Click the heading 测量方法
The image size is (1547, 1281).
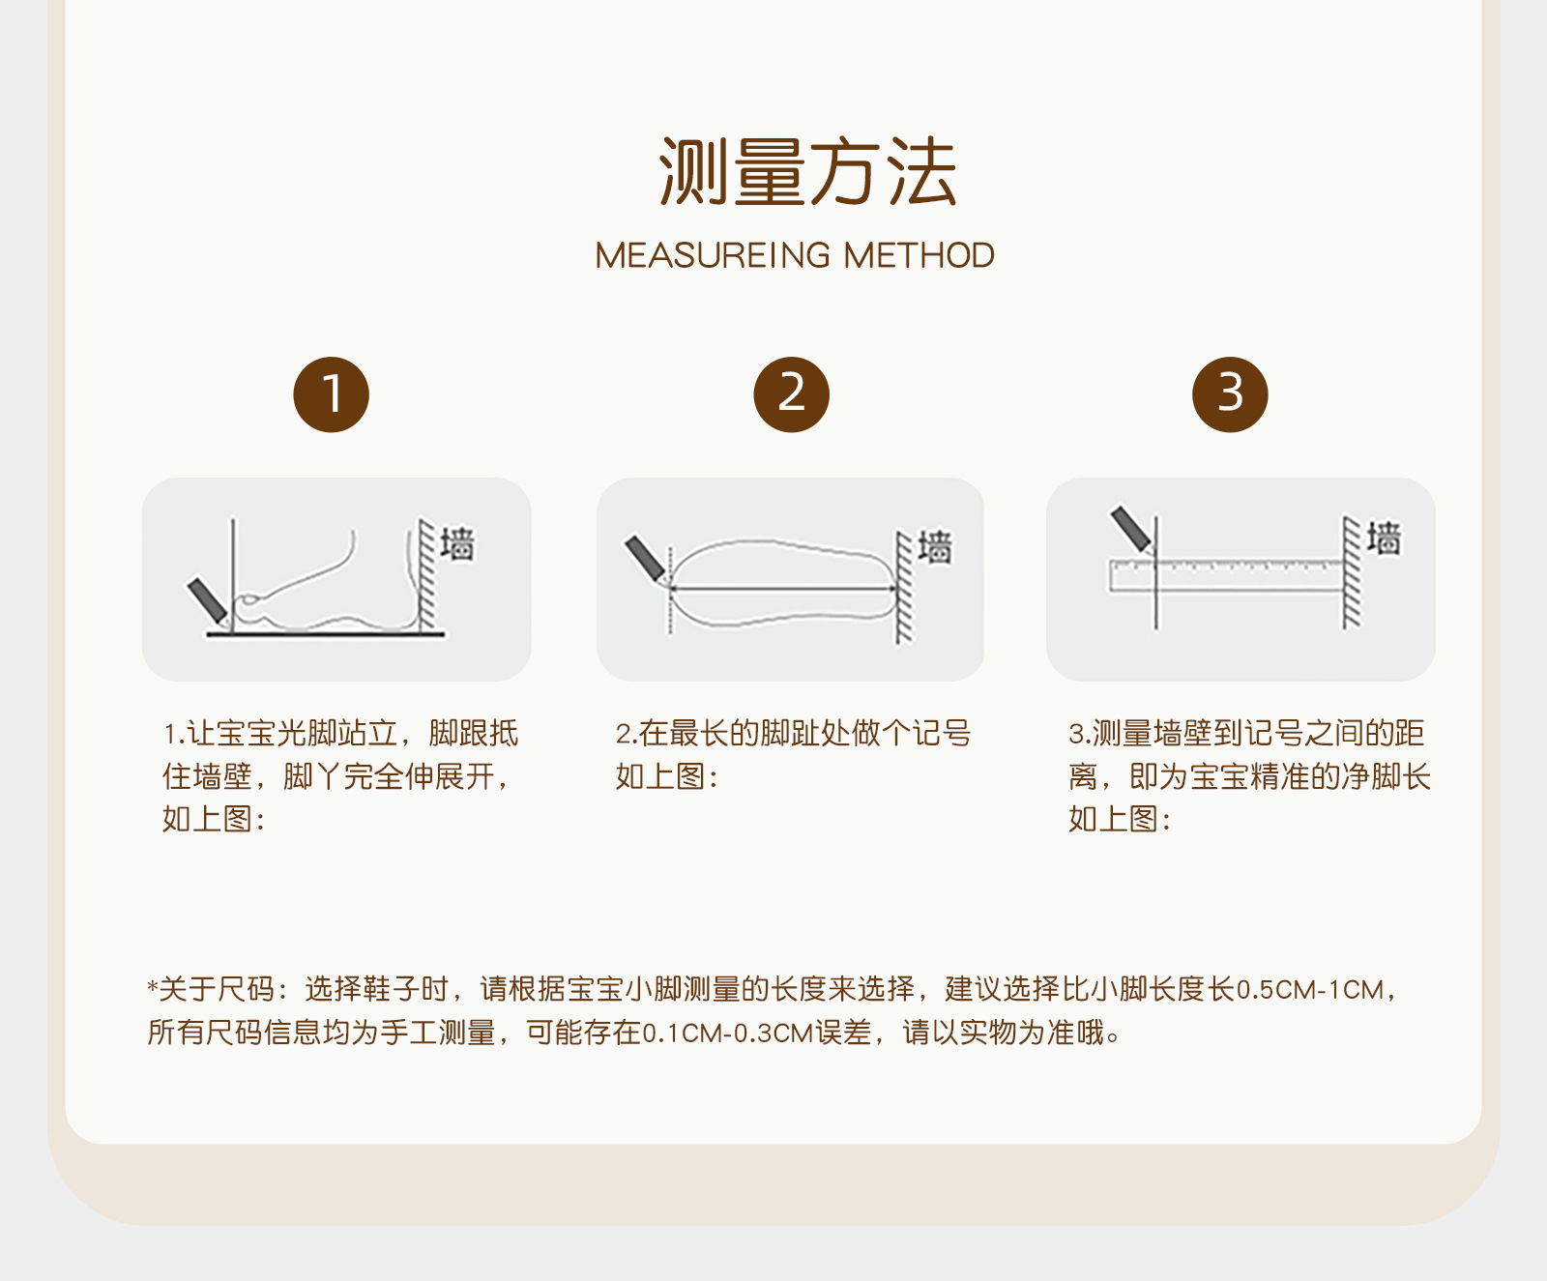click(x=807, y=172)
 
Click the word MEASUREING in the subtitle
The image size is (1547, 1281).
click(x=713, y=255)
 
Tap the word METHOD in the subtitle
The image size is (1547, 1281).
click(x=919, y=255)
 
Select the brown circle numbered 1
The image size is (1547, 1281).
click(x=332, y=394)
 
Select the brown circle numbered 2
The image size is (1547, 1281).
click(x=792, y=394)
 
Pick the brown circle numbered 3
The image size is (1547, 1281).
click(x=1230, y=394)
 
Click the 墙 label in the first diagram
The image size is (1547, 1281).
click(x=457, y=543)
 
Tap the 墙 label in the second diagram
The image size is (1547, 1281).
click(x=934, y=546)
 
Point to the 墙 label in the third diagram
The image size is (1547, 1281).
click(x=1384, y=538)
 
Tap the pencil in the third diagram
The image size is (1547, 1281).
click(x=1131, y=528)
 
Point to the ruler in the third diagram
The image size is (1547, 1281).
click(x=1225, y=575)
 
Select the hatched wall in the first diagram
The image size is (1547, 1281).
click(x=426, y=575)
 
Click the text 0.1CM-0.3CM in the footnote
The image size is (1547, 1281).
click(x=728, y=1033)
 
